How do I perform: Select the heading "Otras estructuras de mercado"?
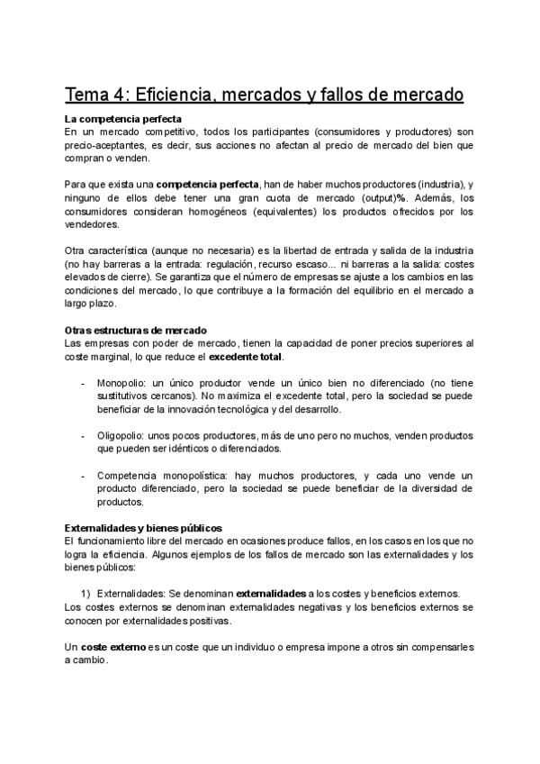(x=136, y=331)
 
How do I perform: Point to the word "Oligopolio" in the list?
(x=121, y=435)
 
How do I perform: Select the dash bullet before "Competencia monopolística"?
(x=84, y=475)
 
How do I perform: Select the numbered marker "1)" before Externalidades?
(x=86, y=593)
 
